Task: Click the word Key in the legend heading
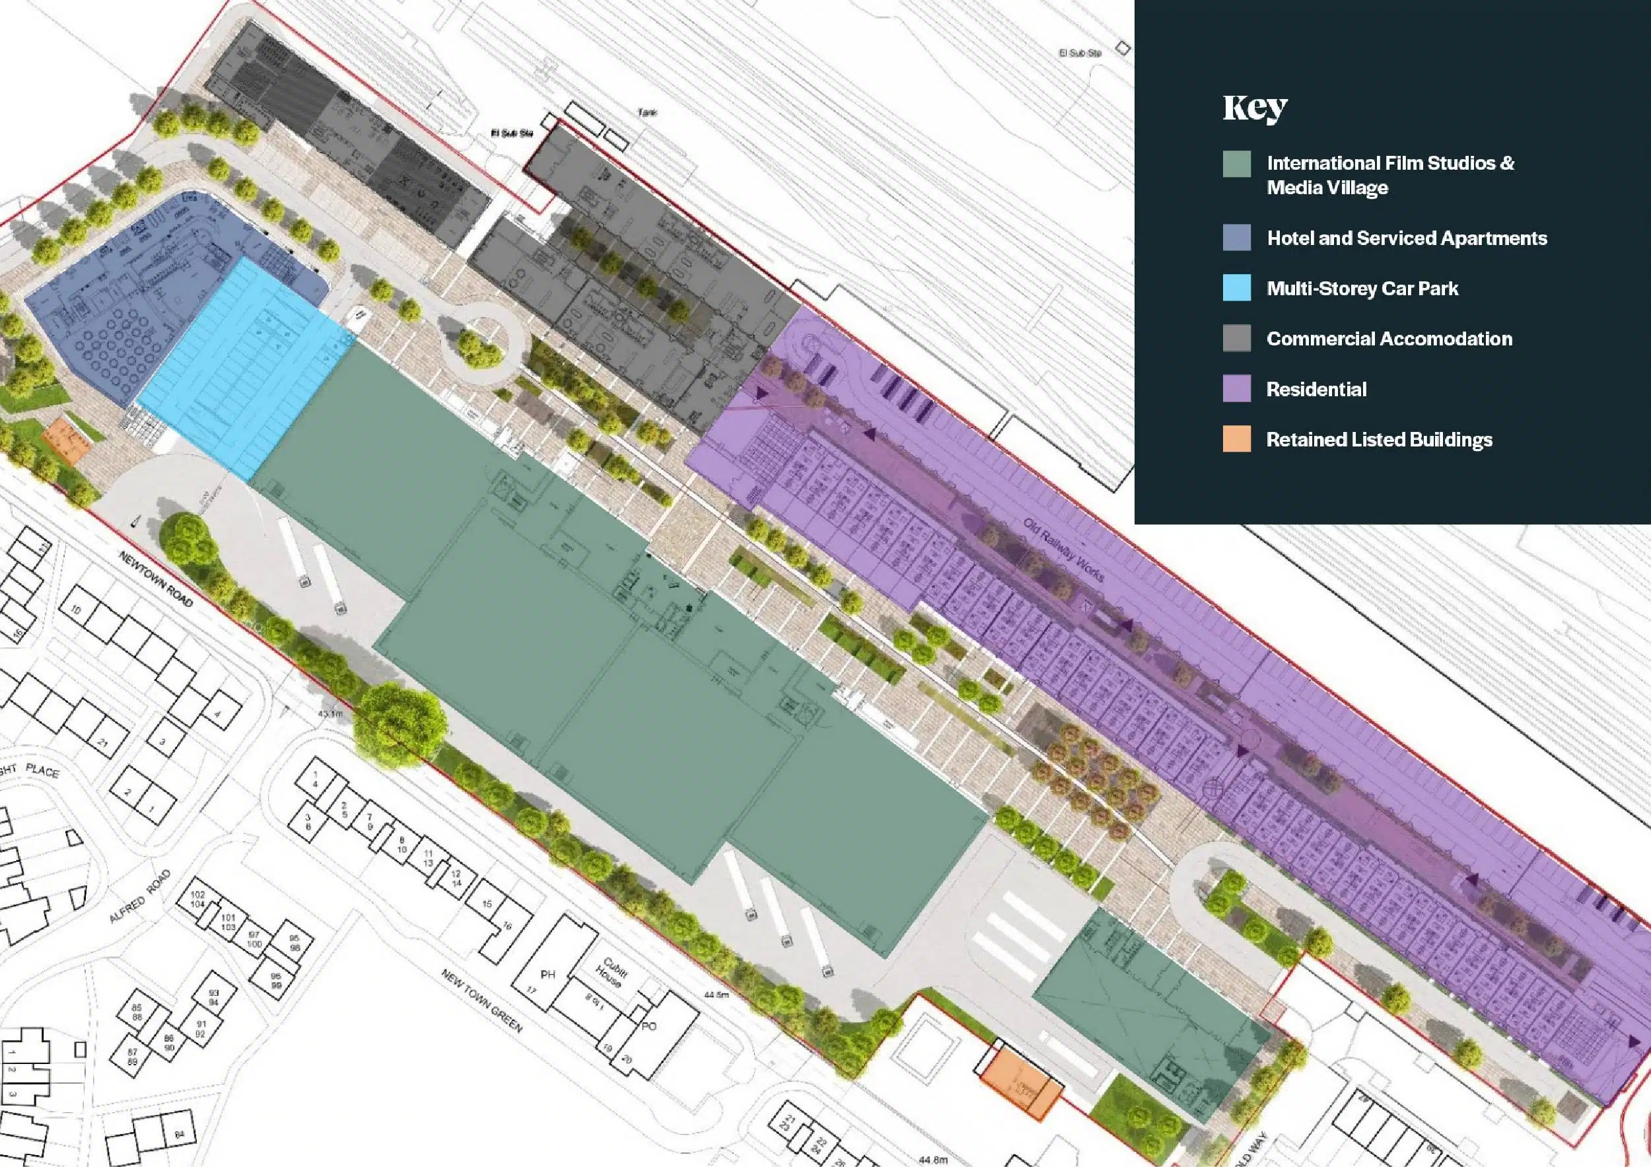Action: pyautogui.click(x=1255, y=108)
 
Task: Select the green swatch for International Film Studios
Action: pyautogui.click(x=1237, y=164)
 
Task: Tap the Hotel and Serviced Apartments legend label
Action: pyautogui.click(x=1407, y=238)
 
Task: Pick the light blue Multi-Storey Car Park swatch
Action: pyautogui.click(x=1237, y=287)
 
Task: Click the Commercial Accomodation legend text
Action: pyautogui.click(x=1389, y=339)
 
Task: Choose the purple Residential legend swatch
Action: pyautogui.click(x=1237, y=388)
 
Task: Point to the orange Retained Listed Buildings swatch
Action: pyautogui.click(x=1237, y=439)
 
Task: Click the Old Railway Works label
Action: pyautogui.click(x=1063, y=550)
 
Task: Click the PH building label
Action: pyautogui.click(x=548, y=975)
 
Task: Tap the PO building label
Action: pyautogui.click(x=649, y=1026)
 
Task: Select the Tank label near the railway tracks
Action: pyautogui.click(x=647, y=113)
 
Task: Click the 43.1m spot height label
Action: pyautogui.click(x=330, y=714)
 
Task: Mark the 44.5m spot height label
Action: pyautogui.click(x=716, y=995)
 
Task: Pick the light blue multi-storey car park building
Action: pyautogui.click(x=244, y=367)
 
